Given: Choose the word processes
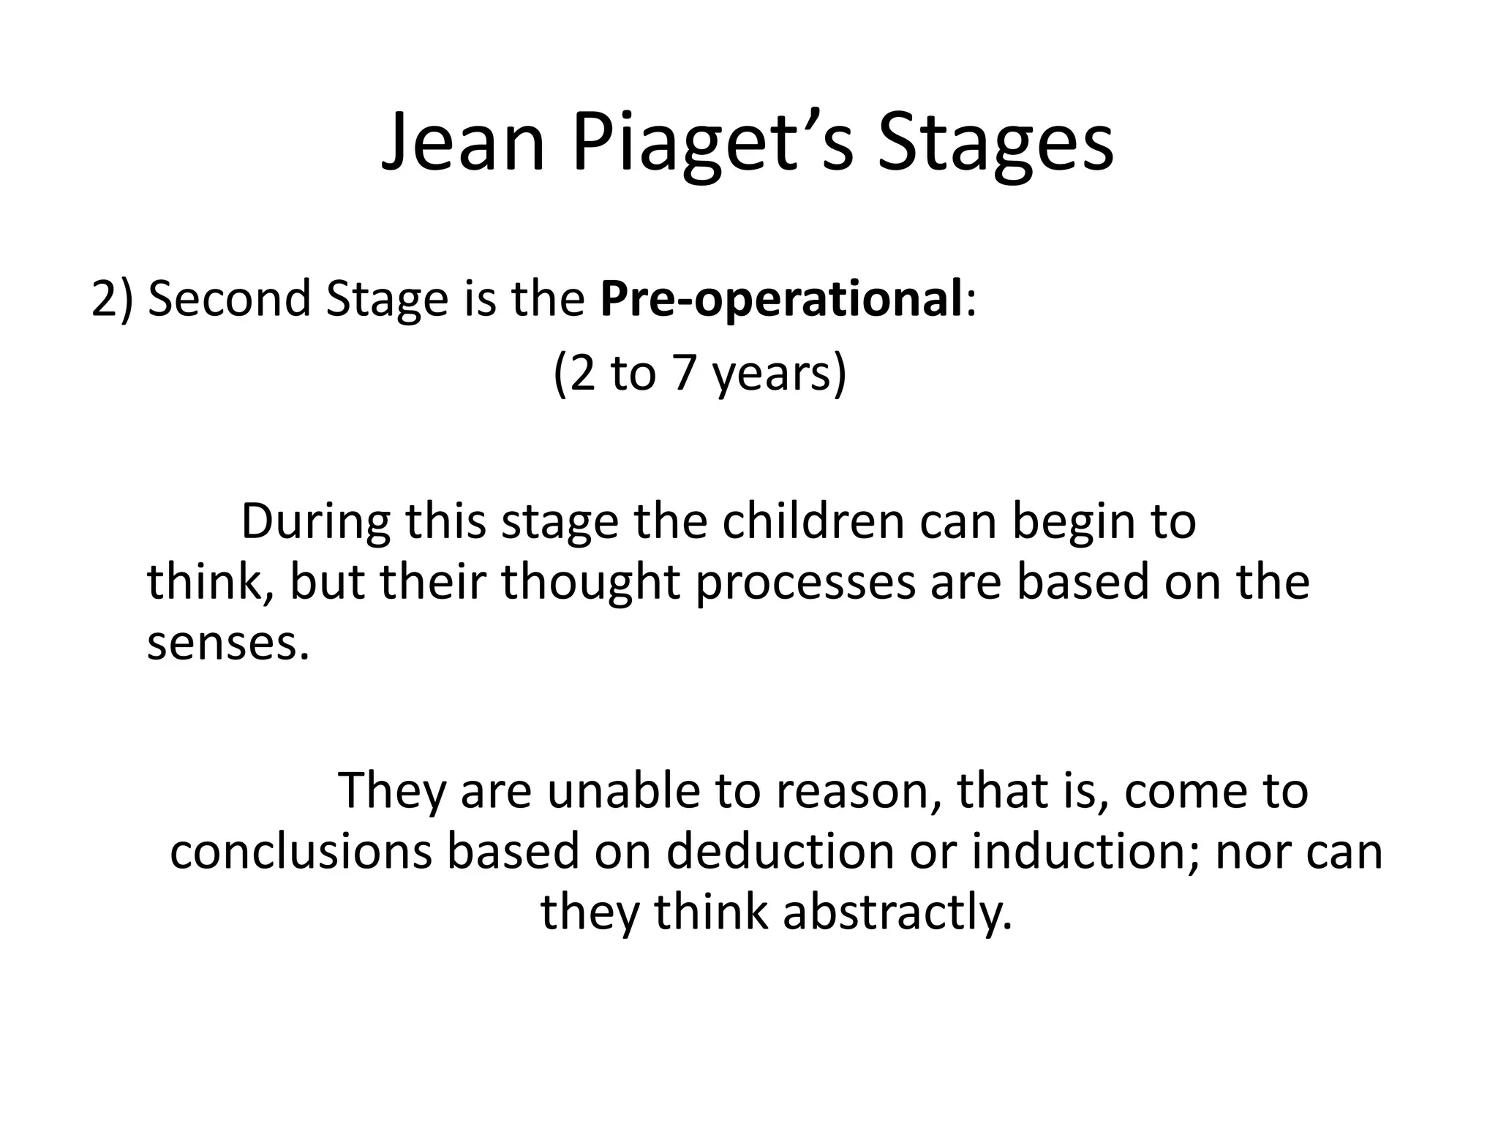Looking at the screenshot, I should click(x=805, y=584).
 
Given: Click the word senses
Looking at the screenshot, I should click(x=227, y=643).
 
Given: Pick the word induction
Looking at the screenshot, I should click(x=1085, y=852).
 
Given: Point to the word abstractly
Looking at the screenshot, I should click(x=897, y=913).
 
